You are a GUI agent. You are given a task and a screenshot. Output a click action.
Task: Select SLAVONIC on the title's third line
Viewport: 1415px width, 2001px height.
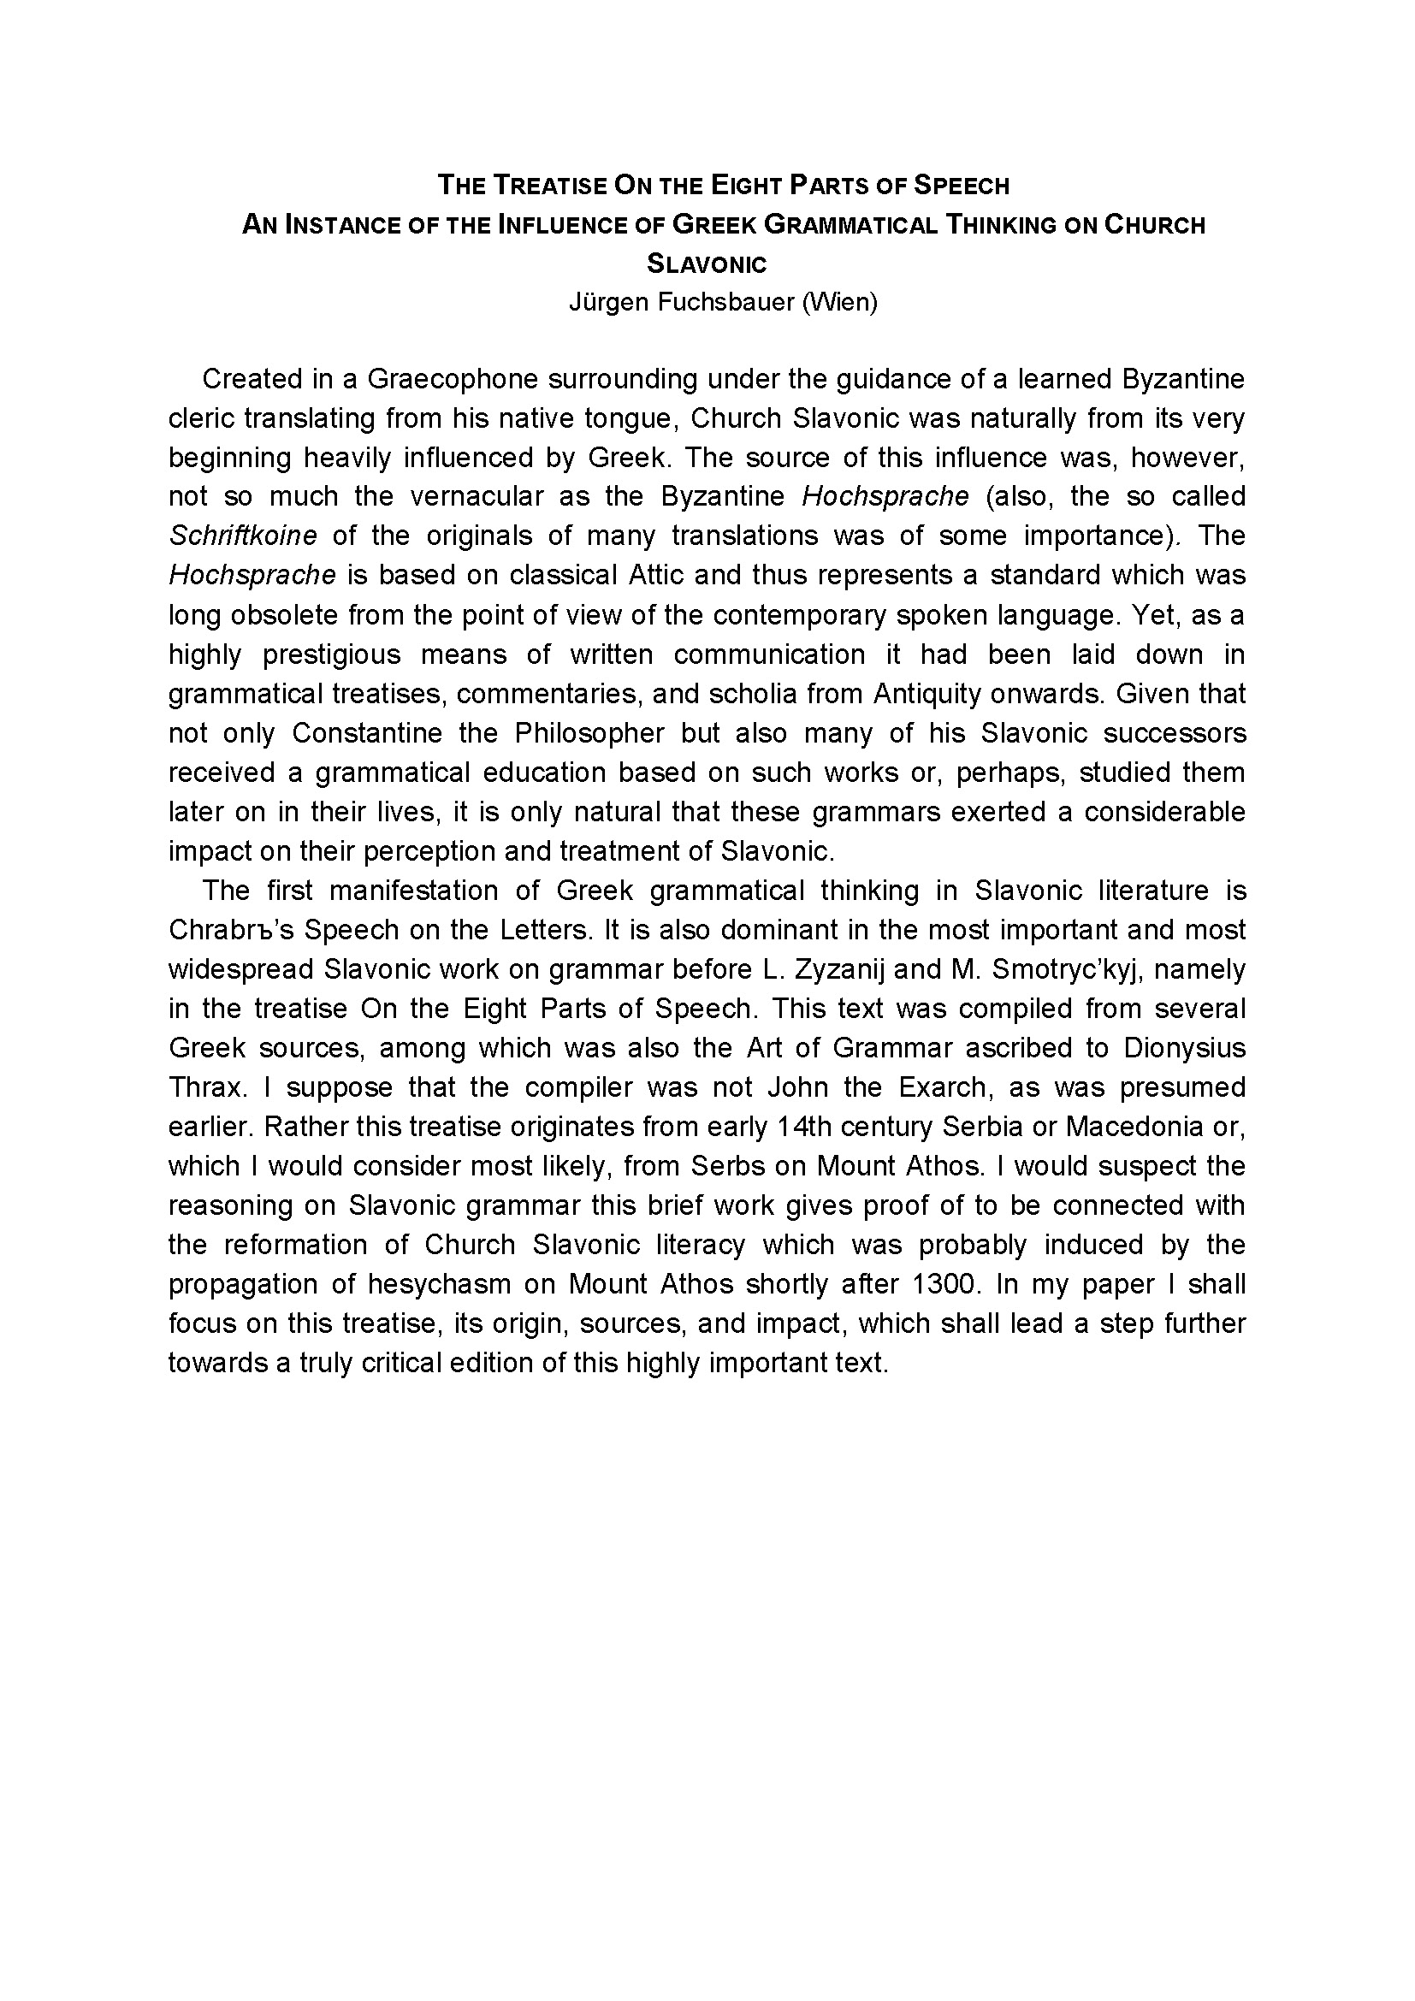coord(707,263)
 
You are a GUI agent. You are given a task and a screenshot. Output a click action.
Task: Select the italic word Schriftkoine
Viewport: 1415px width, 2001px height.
coord(243,535)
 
